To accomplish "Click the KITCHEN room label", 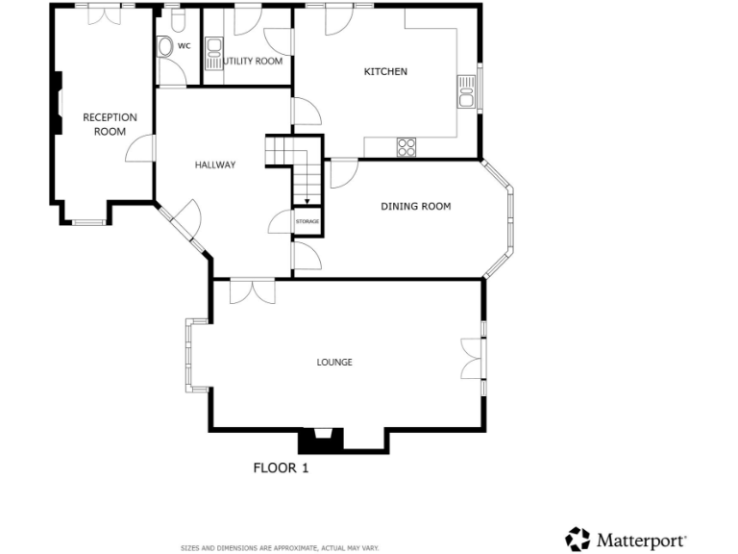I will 385,72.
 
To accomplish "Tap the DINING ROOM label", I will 415,206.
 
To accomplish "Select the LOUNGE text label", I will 334,363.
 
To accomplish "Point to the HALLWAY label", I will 215,165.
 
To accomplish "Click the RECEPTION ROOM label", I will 110,124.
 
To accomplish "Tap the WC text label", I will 184,45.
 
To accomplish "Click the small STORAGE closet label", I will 307,222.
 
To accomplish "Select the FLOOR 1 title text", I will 281,468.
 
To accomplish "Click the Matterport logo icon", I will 578,539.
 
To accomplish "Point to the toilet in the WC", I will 164,46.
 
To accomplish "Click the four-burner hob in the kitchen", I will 406,147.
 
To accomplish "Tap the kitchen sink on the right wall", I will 468,91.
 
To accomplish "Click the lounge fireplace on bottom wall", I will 321,441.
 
